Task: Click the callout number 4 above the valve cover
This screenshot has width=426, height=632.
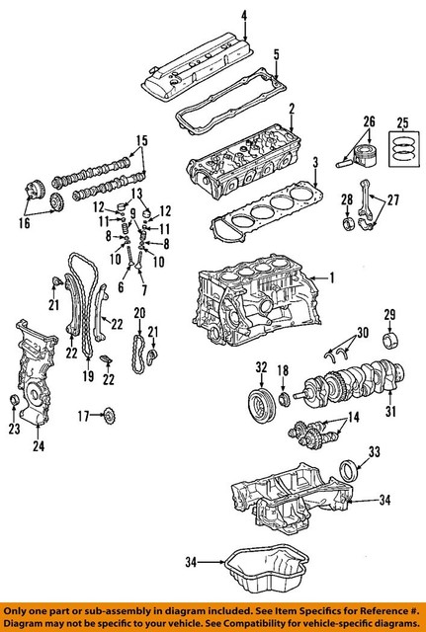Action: point(244,13)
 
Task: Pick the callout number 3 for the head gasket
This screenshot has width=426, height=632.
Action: point(313,162)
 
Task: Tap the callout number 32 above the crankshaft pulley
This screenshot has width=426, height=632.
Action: point(261,367)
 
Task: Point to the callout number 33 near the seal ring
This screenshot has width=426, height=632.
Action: point(374,452)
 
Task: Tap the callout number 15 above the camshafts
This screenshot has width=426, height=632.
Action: point(141,139)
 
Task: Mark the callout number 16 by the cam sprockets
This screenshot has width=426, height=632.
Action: point(24,223)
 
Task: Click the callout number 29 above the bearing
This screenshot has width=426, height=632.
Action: point(389,314)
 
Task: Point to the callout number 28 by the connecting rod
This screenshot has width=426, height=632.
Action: point(347,200)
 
